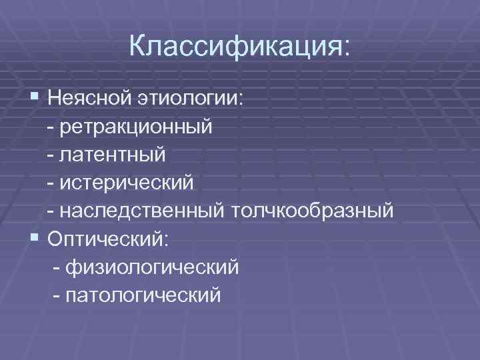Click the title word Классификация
[235, 47]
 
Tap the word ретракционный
[136, 127]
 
